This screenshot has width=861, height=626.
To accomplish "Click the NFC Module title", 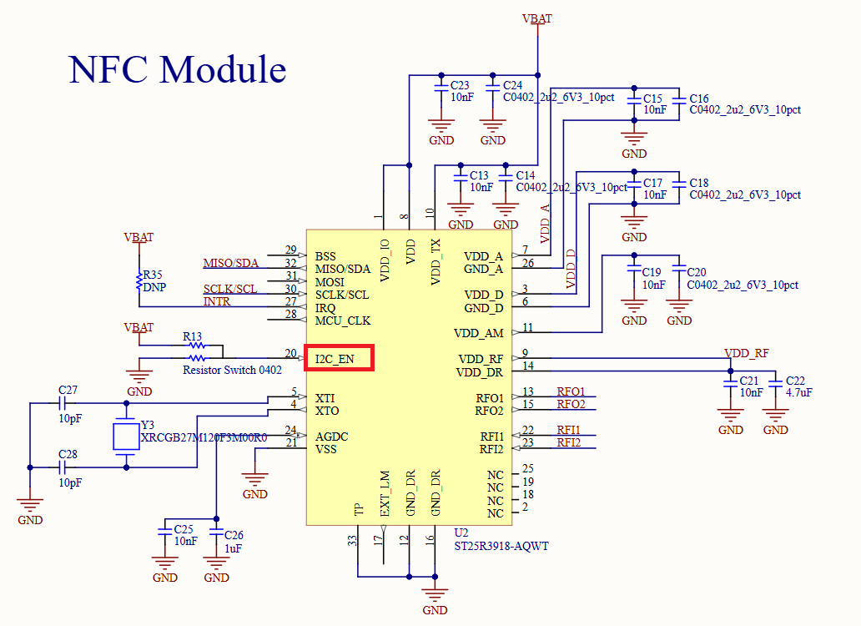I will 178,69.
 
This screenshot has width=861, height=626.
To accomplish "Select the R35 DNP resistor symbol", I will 138,281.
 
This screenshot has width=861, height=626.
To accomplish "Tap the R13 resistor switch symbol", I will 195,344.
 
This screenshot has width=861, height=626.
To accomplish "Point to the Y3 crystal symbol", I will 126,436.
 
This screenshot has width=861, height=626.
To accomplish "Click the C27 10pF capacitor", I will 68,404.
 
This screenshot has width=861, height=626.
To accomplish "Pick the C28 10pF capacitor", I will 68,467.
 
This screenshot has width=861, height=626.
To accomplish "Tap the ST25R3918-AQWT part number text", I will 501,547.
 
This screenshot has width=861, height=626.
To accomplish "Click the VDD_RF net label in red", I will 746,353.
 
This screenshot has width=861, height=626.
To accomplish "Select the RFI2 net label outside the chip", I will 569,442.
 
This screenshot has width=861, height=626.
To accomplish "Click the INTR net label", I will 217,301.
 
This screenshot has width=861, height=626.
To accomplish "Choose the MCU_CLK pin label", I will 343,321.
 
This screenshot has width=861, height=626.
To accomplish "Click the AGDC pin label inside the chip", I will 331,437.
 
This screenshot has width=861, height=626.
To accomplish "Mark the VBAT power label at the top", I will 536,18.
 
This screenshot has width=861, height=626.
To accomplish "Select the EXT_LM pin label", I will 385,494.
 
